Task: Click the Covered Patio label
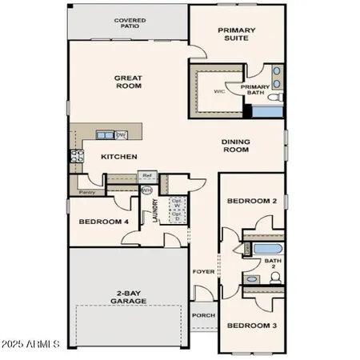tap(129, 22)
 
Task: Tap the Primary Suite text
tap(237, 33)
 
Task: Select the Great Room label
tap(130, 82)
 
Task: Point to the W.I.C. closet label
tap(218, 91)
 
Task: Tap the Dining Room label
tap(238, 146)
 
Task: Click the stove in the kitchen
tap(77, 157)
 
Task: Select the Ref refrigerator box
tap(147, 175)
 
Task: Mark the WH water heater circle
tap(146, 190)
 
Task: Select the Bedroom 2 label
tap(251, 201)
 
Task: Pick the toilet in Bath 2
tap(275, 278)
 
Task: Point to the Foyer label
tap(204, 272)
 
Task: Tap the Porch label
tap(204, 314)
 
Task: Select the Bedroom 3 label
tap(251, 326)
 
